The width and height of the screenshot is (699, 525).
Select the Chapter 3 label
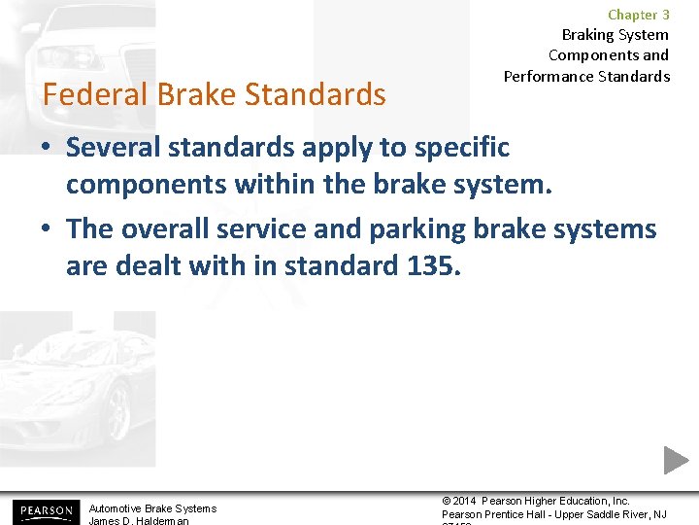tap(638, 15)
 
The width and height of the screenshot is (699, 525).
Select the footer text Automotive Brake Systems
tap(152, 508)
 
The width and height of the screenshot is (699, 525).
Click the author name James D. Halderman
tap(138, 521)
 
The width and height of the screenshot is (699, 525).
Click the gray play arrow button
tap(676, 460)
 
